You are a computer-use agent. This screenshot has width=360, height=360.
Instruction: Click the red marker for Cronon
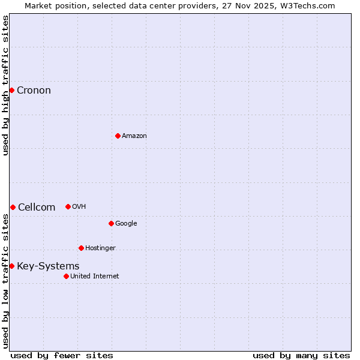point(11,91)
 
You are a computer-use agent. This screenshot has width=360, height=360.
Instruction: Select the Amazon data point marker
point(118,136)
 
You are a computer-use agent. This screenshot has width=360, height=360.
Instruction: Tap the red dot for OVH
point(68,206)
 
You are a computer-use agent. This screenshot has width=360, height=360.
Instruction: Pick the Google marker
point(111,223)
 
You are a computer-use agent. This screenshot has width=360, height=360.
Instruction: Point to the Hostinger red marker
point(81,248)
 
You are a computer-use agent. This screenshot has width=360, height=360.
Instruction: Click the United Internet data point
point(66,276)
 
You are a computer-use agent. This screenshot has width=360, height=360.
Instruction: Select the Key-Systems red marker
point(11,266)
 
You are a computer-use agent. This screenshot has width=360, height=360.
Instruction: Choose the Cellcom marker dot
point(13,207)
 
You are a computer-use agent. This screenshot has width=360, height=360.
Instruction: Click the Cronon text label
point(34,91)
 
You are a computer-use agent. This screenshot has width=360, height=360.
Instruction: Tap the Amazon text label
point(134,136)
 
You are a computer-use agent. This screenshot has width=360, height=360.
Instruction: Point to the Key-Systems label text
point(48,266)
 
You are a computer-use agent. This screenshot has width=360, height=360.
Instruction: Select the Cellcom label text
point(37,208)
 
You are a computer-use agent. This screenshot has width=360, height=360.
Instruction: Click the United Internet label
point(95,277)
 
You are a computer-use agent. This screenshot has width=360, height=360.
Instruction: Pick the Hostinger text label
point(100,248)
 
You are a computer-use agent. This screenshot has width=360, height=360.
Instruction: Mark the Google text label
point(126,224)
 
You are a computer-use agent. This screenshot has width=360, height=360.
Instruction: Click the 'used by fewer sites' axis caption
point(62,355)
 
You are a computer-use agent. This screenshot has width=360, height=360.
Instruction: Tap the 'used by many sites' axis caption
point(301,355)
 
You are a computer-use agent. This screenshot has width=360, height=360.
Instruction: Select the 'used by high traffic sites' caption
point(6,85)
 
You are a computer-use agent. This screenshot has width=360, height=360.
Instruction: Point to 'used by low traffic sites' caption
point(6,281)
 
